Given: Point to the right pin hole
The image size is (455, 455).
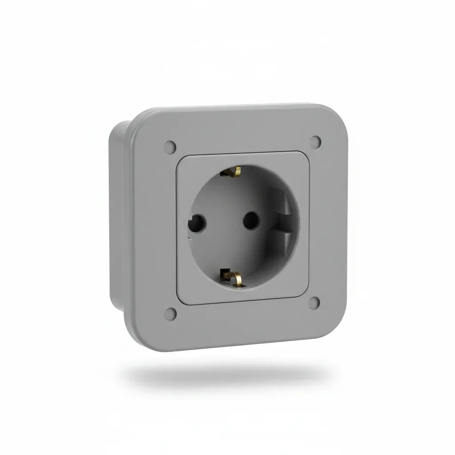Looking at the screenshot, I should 251,219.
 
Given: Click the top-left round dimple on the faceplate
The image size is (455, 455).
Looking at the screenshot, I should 170,146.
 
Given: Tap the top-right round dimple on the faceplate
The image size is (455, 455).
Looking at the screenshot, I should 316,141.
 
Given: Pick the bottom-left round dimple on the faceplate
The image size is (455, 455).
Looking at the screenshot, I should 170,313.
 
